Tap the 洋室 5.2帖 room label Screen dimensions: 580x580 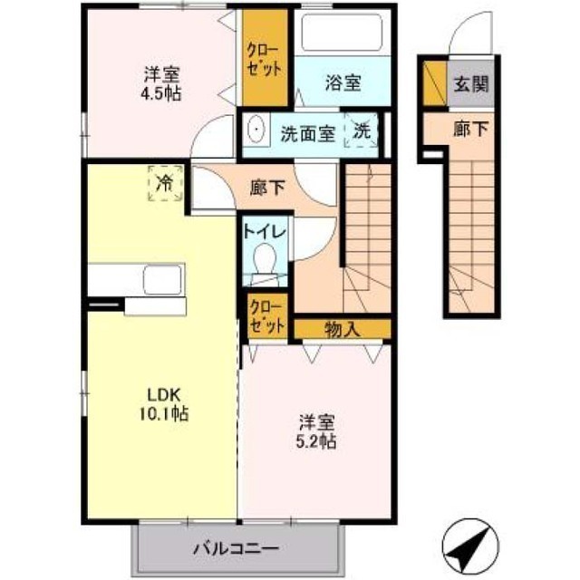pos(317,431)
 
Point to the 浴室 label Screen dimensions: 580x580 pos(343,83)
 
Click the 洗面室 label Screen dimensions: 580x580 pos(307,131)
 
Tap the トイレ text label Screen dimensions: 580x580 pos(264,232)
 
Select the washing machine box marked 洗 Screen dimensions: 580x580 pos(362,130)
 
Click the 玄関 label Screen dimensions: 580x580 pos(470,85)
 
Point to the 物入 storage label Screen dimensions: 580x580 pos(342,328)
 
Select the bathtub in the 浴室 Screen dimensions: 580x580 pos(343,35)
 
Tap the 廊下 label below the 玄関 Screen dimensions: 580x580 pos(470,130)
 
